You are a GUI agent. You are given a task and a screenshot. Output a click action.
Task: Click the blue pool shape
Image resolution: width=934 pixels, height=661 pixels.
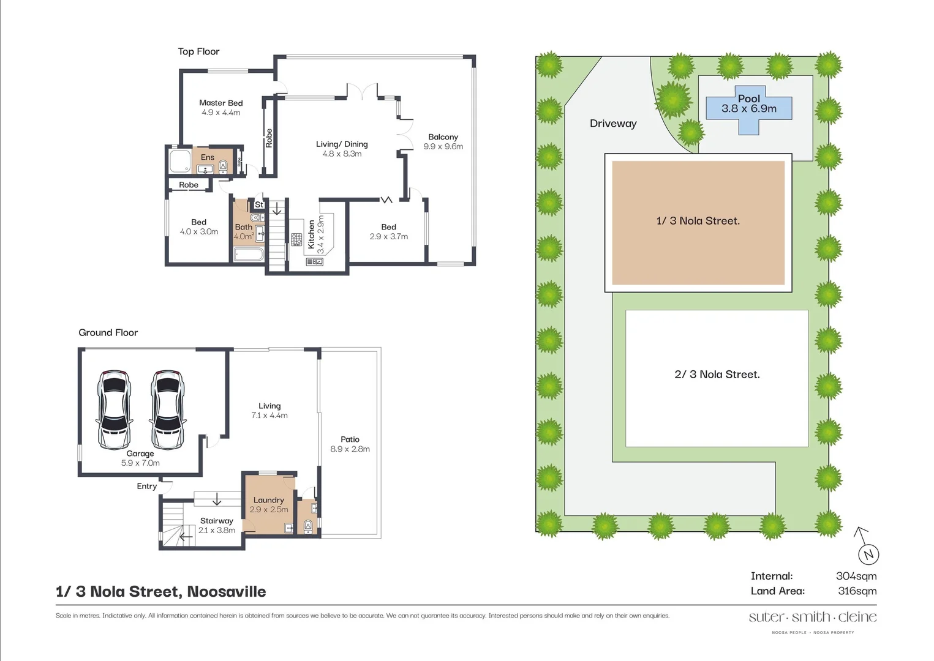tap(748, 110)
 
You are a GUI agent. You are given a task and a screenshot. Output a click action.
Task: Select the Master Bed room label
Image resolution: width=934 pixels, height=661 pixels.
tap(220, 103)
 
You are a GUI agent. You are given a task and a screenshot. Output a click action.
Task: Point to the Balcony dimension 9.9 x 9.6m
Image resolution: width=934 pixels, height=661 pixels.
tap(443, 146)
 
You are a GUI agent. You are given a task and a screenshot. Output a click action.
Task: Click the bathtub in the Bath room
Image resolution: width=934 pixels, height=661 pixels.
tap(249, 254)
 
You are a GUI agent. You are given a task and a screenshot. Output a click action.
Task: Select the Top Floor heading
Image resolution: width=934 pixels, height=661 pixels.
tap(198, 51)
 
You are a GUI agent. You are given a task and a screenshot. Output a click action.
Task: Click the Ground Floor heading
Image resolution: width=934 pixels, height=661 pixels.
tap(108, 332)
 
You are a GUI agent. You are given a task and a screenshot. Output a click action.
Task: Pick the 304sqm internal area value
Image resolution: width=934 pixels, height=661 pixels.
tap(856, 576)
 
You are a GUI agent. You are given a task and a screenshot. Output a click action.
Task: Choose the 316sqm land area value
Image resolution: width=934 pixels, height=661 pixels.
tap(857, 591)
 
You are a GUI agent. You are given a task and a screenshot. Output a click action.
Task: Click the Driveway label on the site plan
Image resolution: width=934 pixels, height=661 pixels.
tap(613, 124)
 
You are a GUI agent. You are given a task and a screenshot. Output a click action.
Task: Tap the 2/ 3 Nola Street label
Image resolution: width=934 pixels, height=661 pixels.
tap(717, 374)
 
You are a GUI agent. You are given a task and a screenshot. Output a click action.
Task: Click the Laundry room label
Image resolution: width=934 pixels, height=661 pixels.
tap(268, 500)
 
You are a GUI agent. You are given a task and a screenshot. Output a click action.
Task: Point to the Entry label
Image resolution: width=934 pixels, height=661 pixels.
tap(146, 486)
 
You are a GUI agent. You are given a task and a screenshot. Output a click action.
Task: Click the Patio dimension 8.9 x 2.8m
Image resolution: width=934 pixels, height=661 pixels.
tap(350, 449)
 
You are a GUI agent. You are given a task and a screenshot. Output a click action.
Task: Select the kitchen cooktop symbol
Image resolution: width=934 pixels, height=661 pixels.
tap(296, 239)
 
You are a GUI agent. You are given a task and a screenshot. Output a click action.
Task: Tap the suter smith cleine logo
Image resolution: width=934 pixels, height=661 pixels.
tap(812, 617)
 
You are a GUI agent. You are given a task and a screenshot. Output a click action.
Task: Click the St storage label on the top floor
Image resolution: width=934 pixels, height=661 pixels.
tap(258, 204)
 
